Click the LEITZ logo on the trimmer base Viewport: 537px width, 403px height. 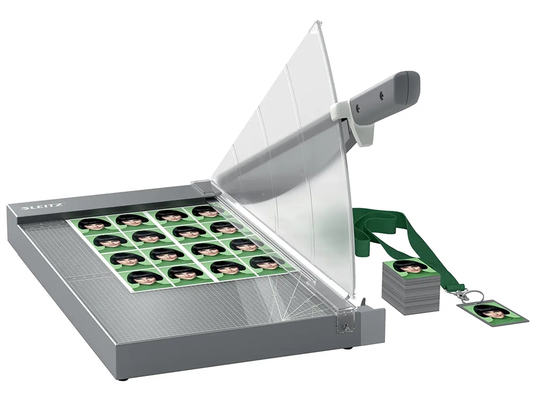pyautogui.click(x=42, y=207)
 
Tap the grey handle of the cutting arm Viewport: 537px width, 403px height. pyautogui.click(x=383, y=96)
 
